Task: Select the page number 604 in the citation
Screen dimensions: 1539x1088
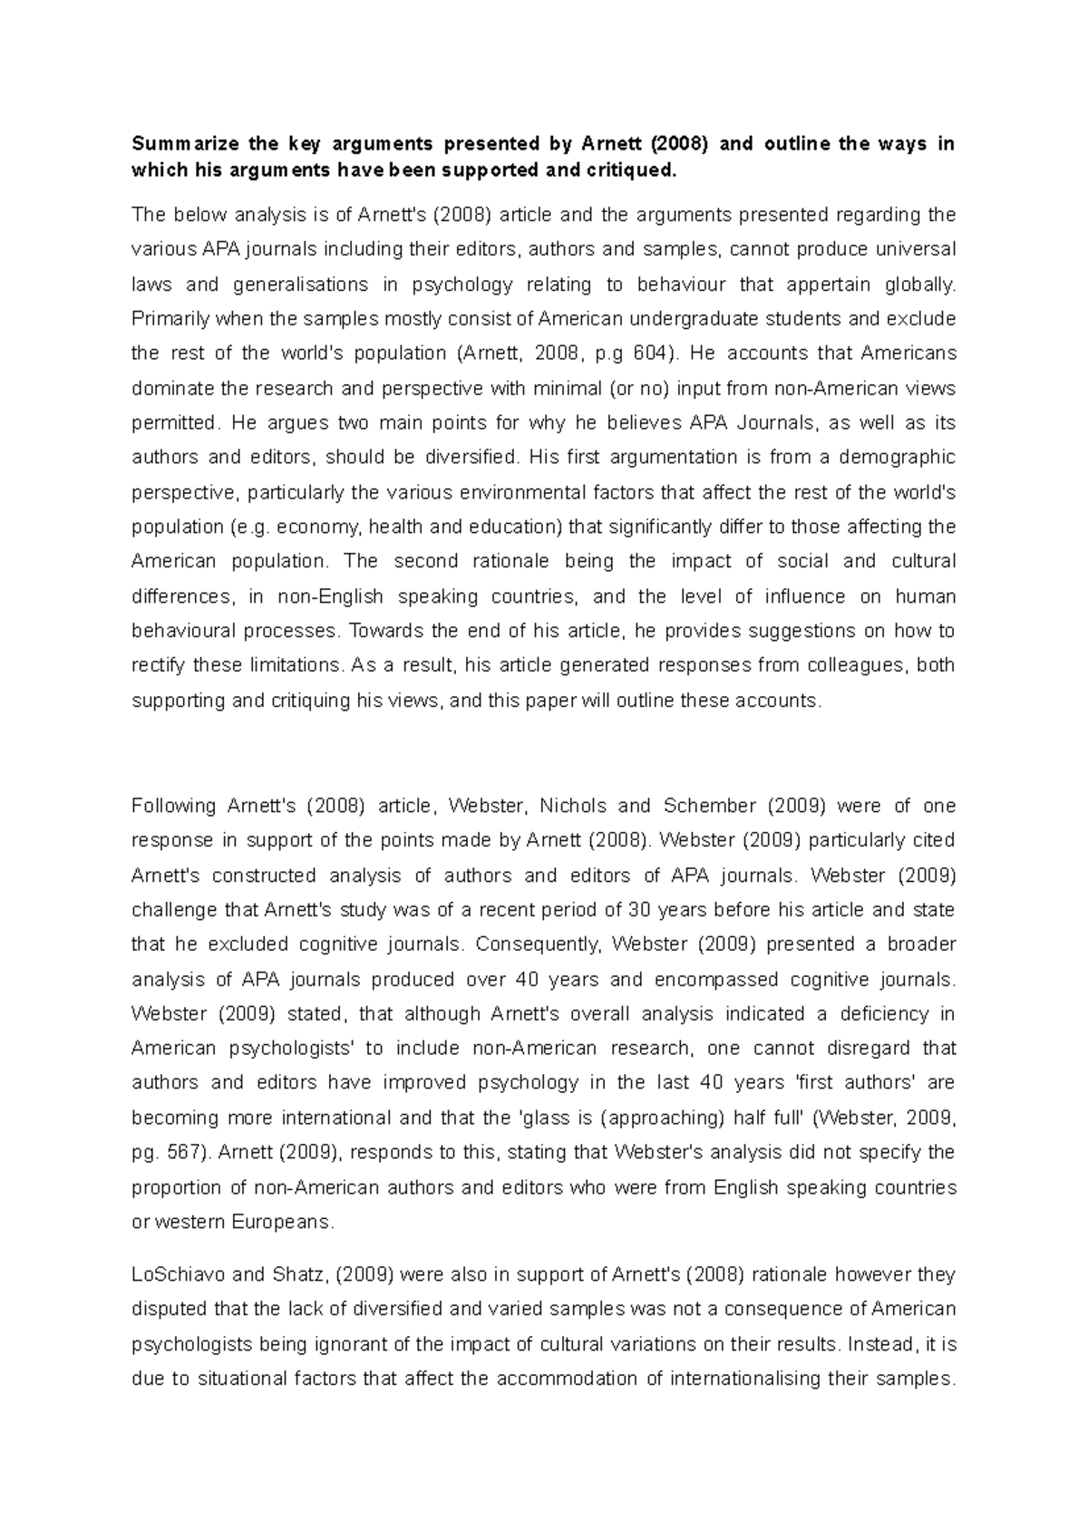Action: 643,353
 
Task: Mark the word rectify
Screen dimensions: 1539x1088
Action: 159,665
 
